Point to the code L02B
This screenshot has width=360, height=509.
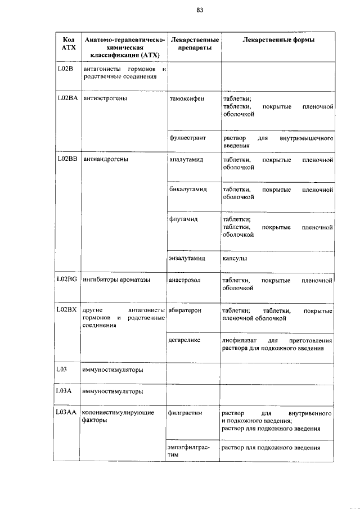(x=66, y=69)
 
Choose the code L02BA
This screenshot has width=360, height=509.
(x=67, y=98)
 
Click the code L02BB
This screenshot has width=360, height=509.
(x=67, y=160)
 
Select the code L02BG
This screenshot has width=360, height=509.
(x=67, y=280)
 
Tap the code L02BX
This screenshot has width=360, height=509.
(x=67, y=310)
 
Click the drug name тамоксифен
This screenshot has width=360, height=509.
(x=186, y=99)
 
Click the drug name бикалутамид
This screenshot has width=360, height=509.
(x=188, y=190)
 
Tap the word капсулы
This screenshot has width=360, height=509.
(x=235, y=259)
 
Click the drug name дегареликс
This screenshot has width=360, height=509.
(x=185, y=341)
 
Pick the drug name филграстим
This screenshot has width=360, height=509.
(x=185, y=413)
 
